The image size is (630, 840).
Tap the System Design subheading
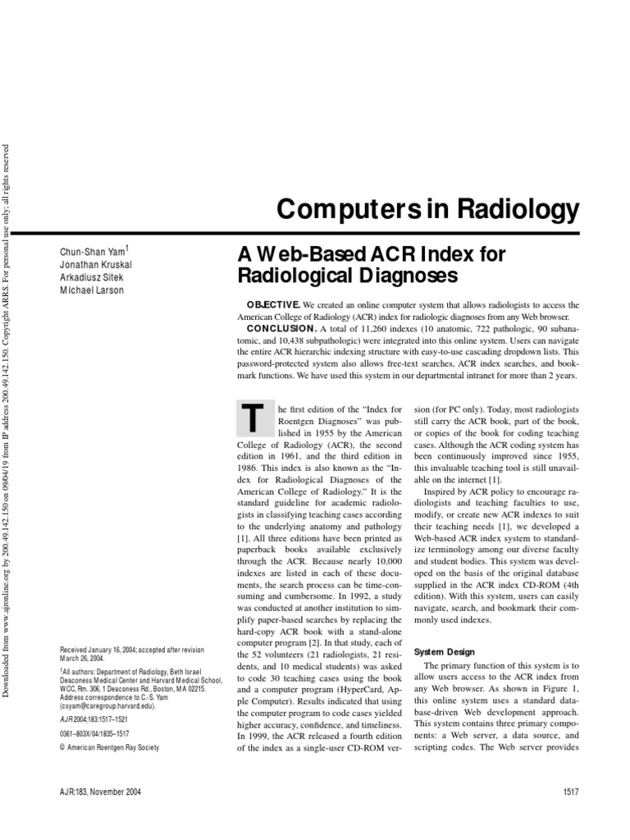point(444,652)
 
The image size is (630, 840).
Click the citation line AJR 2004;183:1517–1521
point(99,719)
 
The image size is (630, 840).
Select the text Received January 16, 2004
point(107,649)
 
